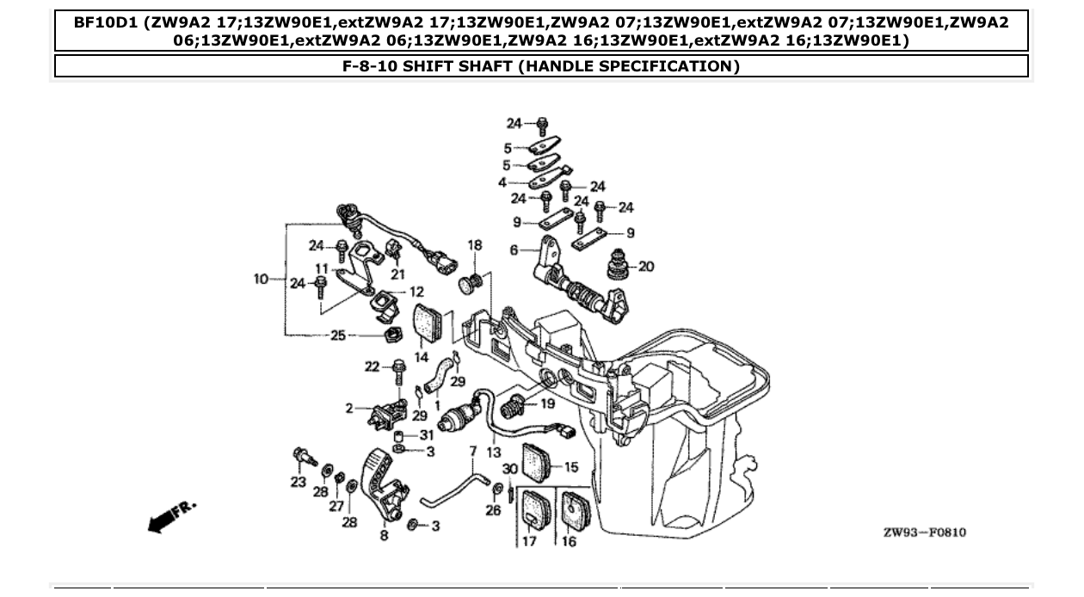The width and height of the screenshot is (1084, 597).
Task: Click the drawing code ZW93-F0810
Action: click(x=924, y=532)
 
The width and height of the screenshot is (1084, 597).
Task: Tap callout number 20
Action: click(x=645, y=267)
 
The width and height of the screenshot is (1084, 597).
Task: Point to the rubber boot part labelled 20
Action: click(x=617, y=263)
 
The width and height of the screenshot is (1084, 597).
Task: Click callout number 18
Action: click(x=474, y=246)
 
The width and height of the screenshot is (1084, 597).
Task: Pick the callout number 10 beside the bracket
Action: click(x=262, y=279)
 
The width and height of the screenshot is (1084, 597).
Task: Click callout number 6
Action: click(x=514, y=250)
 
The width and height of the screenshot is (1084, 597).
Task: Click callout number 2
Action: click(x=350, y=409)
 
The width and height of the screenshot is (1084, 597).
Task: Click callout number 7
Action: click(x=472, y=451)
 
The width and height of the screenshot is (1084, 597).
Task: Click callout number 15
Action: click(x=570, y=468)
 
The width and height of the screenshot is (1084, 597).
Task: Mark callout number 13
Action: click(x=493, y=451)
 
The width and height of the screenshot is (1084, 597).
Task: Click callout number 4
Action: click(x=502, y=182)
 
